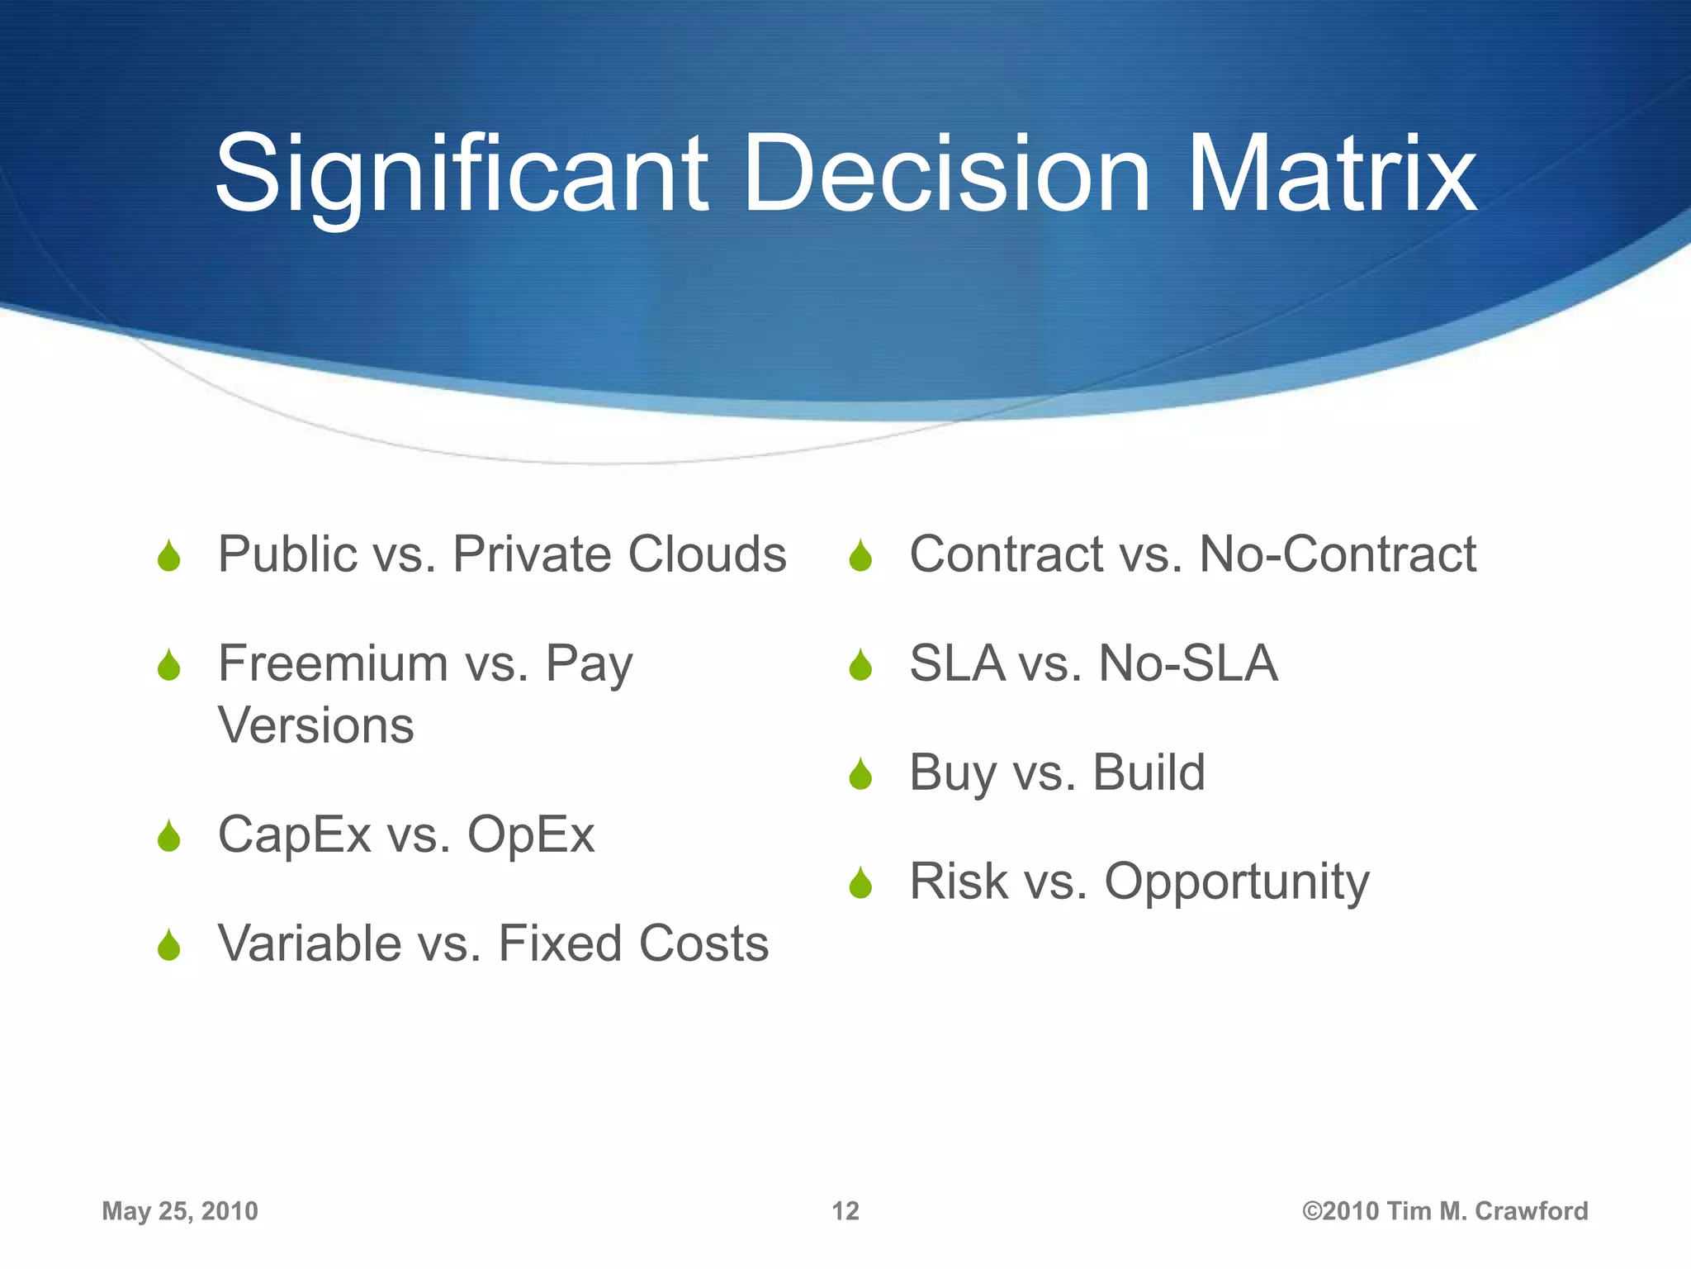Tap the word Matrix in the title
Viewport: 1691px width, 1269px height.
(x=1330, y=175)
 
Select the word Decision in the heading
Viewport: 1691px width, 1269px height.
(x=946, y=175)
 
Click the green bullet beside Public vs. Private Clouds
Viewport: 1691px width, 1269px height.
(x=169, y=556)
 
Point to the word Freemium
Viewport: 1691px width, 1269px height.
(x=332, y=663)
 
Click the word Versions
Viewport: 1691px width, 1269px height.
(x=315, y=726)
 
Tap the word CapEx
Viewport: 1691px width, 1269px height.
(x=294, y=834)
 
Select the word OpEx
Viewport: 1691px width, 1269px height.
(x=530, y=834)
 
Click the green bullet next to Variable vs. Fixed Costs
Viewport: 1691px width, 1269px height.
(x=169, y=945)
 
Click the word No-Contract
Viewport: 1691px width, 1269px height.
(x=1337, y=554)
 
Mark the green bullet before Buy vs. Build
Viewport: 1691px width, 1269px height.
(x=860, y=774)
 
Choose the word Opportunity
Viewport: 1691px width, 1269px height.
(x=1237, y=882)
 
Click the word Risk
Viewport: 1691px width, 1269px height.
(x=958, y=881)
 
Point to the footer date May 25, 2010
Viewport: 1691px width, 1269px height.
(x=180, y=1211)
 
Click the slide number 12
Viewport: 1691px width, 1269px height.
(x=845, y=1211)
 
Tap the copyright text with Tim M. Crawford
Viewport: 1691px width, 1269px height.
(x=1444, y=1211)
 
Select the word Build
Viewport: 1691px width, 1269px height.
(x=1149, y=772)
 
